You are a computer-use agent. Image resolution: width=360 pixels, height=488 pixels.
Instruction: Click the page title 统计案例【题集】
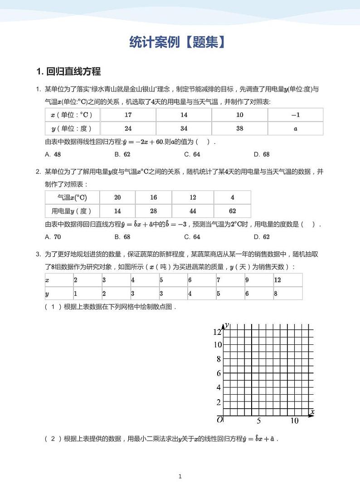(177, 43)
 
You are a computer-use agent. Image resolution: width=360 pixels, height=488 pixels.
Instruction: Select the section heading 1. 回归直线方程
(68, 71)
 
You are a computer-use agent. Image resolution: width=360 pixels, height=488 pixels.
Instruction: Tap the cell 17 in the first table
(128, 115)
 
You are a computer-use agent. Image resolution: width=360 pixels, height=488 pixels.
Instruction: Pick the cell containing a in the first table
(295, 129)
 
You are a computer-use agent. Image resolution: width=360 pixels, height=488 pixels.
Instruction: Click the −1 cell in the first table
(295, 115)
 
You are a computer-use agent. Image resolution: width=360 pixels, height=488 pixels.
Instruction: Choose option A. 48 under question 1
(53, 154)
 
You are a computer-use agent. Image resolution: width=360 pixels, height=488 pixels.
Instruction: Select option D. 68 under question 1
(262, 154)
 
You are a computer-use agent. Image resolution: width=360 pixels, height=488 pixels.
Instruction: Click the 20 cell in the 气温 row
(117, 198)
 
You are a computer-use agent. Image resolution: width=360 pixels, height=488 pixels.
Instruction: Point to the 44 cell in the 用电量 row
(193, 211)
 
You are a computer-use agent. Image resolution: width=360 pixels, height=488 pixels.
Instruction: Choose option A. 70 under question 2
(53, 237)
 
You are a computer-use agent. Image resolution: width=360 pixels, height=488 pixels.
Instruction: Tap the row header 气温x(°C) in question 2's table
(72, 198)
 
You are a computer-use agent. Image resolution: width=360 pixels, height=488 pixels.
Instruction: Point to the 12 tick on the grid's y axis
(217, 332)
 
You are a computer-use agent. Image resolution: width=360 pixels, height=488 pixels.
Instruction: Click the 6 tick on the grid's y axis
(219, 373)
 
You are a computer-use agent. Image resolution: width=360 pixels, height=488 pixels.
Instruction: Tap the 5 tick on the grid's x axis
(259, 421)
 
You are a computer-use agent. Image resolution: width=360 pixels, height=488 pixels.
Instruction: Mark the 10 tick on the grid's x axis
(294, 421)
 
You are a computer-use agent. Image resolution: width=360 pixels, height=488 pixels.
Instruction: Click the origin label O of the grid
(219, 420)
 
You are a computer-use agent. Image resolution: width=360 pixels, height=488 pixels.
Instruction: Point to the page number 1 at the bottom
(180, 476)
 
